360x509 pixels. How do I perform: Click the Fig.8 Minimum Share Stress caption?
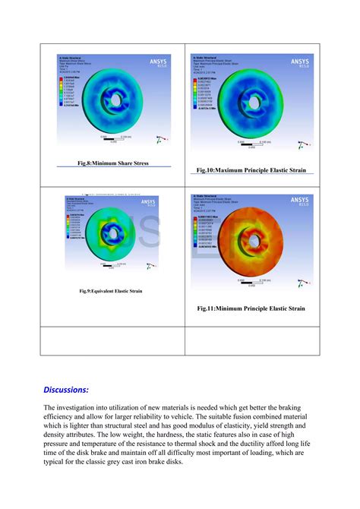pyautogui.click(x=112, y=163)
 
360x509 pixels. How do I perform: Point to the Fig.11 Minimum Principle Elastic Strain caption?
pyautogui.click(x=251, y=308)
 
